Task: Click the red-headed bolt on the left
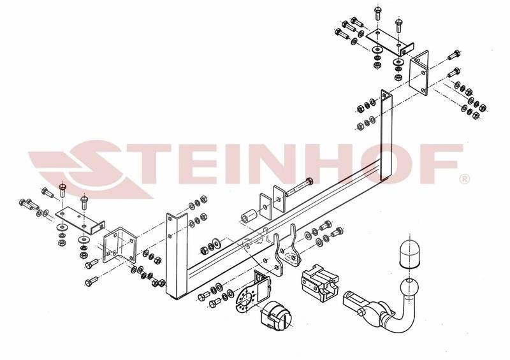pos(62,189)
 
